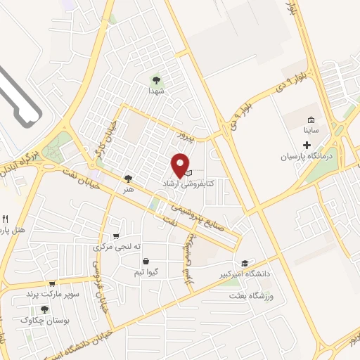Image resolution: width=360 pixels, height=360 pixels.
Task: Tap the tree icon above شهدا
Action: point(155,79)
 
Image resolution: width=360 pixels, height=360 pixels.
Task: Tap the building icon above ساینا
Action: point(311,119)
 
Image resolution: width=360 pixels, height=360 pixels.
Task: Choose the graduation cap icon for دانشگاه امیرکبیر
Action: point(244,262)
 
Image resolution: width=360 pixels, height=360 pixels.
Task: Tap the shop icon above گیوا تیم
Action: point(145,261)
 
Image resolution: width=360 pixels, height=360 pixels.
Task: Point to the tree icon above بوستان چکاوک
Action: point(45,309)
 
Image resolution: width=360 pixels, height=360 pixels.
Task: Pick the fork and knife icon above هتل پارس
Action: point(6,219)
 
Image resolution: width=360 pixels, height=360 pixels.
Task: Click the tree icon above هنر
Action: point(127,179)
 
